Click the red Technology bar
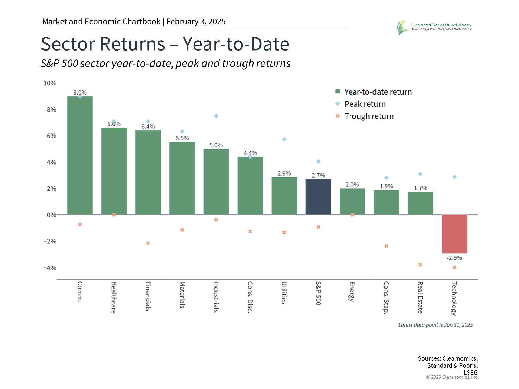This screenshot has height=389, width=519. [x=454, y=234]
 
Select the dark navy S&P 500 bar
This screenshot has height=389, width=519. [x=318, y=197]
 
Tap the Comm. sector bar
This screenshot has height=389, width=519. [x=80, y=156]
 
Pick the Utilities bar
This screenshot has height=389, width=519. [x=284, y=196]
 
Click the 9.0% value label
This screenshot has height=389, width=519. [x=80, y=92]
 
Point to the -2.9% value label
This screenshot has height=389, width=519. [x=454, y=258]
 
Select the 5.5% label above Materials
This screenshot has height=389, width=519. [x=182, y=138]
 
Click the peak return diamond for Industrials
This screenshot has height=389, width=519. [x=216, y=116]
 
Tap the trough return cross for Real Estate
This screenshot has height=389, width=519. [x=420, y=264]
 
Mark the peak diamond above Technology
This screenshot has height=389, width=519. [x=454, y=177]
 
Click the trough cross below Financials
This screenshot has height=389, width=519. [x=148, y=243]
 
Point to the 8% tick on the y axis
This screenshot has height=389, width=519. [x=51, y=109]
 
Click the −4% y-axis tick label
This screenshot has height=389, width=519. [x=50, y=268]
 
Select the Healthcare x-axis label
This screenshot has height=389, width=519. [x=114, y=297]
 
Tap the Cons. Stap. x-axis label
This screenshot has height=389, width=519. [x=386, y=297]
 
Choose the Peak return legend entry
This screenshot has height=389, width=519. [x=361, y=104]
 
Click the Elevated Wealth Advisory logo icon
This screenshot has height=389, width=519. [x=402, y=27]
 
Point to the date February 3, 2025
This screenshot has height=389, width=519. [x=196, y=21]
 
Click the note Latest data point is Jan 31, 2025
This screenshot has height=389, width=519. [x=435, y=325]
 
